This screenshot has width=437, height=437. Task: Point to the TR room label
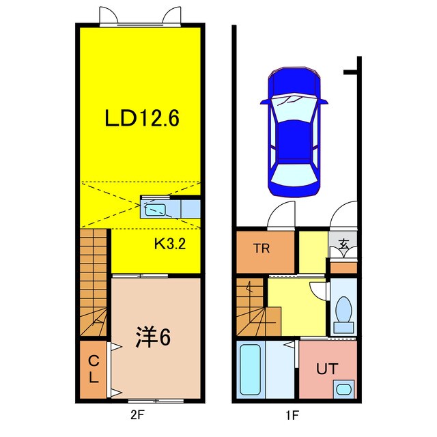(263, 249)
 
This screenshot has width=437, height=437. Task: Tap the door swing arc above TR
(281, 217)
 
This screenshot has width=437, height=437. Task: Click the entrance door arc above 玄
(342, 216)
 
